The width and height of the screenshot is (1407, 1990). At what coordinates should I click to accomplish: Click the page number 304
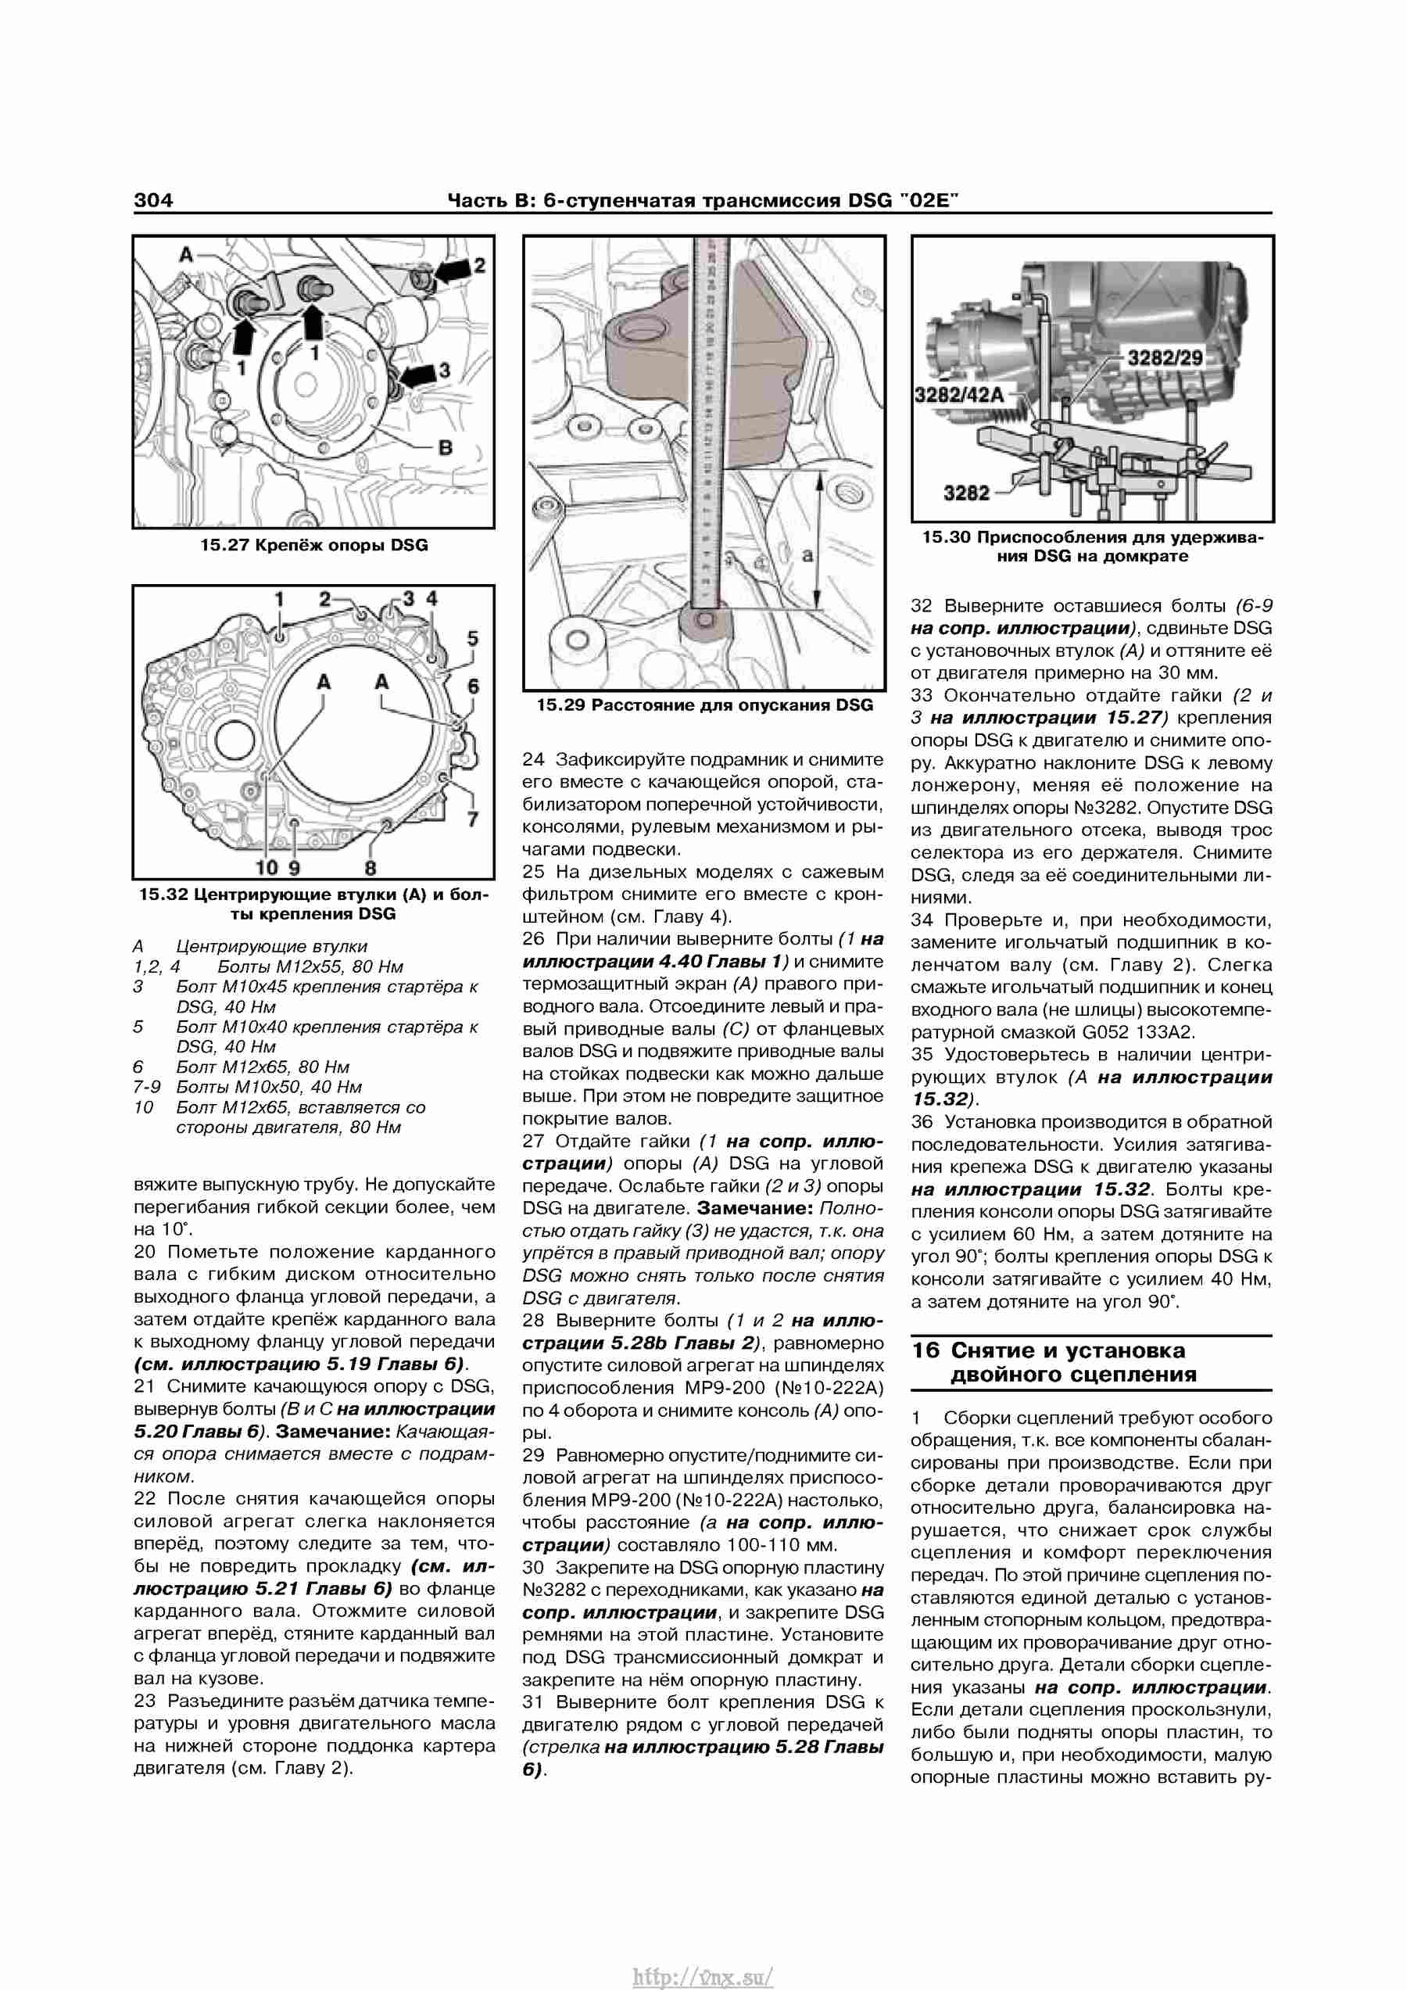click(x=153, y=200)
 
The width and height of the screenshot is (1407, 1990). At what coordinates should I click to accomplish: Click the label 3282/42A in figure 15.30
click(x=958, y=395)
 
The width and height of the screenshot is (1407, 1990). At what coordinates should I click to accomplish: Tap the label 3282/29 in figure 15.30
click(x=1165, y=357)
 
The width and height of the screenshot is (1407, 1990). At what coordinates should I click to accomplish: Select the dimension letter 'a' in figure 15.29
click(x=807, y=554)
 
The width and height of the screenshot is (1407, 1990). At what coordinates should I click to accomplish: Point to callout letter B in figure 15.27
click(x=446, y=447)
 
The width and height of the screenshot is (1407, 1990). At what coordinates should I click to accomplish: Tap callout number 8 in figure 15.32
click(x=371, y=868)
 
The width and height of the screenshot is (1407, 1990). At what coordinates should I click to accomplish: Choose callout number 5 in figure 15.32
click(x=472, y=638)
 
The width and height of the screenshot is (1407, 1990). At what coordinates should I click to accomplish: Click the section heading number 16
click(x=925, y=1350)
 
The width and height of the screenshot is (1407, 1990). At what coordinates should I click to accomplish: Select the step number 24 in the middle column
click(x=534, y=759)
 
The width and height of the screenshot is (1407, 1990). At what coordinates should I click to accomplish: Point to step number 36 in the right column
click(x=922, y=1121)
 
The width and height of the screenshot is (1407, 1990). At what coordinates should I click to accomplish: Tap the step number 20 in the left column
click(x=145, y=1252)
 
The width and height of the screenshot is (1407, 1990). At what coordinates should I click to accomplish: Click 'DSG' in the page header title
click(x=870, y=200)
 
